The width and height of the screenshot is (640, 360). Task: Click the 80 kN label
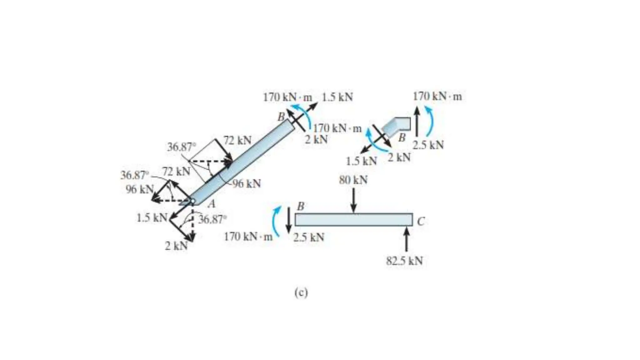tap(353, 180)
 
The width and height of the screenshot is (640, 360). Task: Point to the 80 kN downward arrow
tap(353, 200)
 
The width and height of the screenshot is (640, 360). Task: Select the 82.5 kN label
tap(404, 261)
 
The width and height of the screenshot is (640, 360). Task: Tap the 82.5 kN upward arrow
tap(407, 239)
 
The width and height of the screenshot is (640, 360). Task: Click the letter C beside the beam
tap(421, 222)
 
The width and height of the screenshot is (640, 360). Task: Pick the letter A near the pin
tap(212, 204)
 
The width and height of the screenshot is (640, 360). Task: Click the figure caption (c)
tap(301, 293)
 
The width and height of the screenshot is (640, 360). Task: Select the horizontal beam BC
tap(353, 219)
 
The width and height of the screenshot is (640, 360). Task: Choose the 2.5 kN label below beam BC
tap(309, 237)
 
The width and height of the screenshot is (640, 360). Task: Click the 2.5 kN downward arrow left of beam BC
tap(289, 220)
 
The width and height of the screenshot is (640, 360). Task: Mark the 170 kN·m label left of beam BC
tap(248, 237)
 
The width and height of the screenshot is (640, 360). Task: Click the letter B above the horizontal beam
tap(300, 206)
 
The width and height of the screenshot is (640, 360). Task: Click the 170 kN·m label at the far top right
tap(437, 97)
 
